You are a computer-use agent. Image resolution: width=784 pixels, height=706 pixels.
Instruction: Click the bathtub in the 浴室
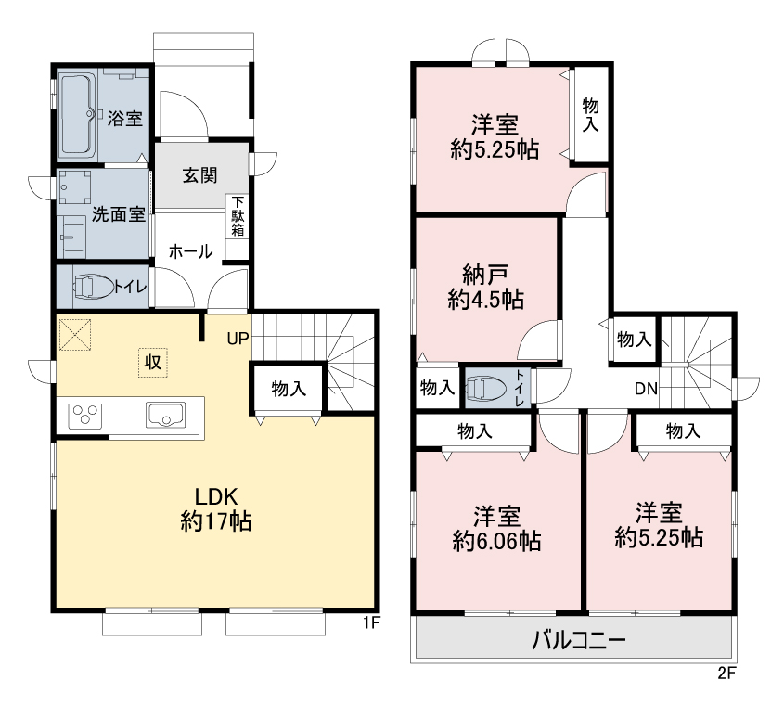click(x=78, y=114)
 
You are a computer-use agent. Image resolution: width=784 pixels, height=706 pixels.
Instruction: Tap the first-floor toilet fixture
click(x=94, y=287)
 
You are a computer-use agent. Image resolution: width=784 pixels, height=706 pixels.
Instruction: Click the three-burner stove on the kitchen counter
click(x=85, y=416)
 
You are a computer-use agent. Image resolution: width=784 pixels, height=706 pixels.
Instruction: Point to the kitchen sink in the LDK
click(x=165, y=415)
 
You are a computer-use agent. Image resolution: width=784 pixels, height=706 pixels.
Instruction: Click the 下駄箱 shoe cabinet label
click(x=238, y=216)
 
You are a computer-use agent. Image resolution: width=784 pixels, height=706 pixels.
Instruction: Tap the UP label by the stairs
click(x=238, y=339)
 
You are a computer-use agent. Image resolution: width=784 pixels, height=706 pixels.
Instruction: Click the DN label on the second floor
click(x=646, y=389)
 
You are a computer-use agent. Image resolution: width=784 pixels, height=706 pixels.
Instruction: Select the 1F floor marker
click(x=371, y=623)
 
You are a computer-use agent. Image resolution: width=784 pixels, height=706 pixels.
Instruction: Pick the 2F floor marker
click(x=727, y=673)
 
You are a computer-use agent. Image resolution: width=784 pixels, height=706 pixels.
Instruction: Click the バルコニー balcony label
click(x=578, y=640)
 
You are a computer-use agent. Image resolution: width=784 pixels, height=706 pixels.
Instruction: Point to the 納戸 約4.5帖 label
click(x=485, y=287)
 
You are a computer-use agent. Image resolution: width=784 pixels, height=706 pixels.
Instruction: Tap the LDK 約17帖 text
click(x=215, y=509)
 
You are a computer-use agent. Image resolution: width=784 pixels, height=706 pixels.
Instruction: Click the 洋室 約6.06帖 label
click(x=496, y=529)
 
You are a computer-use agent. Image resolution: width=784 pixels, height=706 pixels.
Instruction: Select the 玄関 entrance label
click(x=199, y=175)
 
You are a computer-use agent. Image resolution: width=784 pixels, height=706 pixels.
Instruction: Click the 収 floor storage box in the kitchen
click(x=153, y=362)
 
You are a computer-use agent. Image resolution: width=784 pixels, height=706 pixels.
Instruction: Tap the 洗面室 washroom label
click(x=119, y=214)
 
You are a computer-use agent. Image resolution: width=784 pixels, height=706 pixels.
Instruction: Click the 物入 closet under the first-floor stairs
click(x=289, y=389)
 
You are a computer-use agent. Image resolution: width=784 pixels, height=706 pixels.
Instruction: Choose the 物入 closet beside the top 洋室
click(x=590, y=114)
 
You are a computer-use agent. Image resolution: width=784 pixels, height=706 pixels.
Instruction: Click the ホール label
click(x=190, y=251)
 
